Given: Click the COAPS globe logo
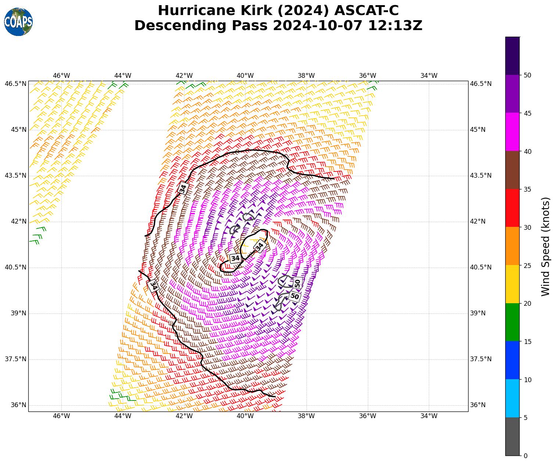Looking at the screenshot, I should [x=18, y=22].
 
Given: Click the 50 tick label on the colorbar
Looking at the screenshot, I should [x=527, y=75].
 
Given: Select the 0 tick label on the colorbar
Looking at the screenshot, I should [x=525, y=456].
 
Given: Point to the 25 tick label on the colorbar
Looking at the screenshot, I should [x=527, y=265].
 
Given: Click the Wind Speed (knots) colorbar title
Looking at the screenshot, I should [x=546, y=246].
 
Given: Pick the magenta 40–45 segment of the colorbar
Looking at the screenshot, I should [x=512, y=132].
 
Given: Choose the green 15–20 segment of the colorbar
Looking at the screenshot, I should [x=512, y=322].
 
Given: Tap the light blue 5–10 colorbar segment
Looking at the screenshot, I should [x=512, y=398].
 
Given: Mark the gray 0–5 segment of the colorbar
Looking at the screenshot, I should [x=512, y=436].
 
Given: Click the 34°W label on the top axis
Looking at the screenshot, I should [x=429, y=76].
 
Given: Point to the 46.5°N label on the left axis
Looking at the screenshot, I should [x=15, y=84].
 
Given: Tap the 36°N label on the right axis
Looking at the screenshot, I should [x=478, y=405].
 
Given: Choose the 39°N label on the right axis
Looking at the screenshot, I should [x=478, y=313].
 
